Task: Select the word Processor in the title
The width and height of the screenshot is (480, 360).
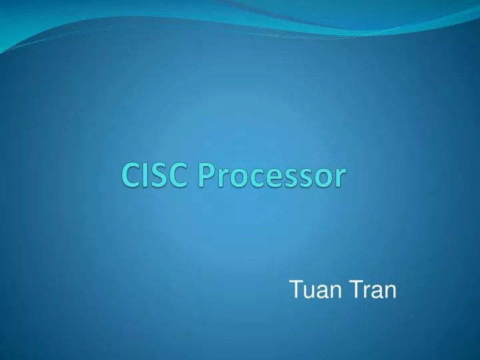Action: [x=270, y=177]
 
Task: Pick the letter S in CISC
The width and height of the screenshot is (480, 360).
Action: [x=159, y=177]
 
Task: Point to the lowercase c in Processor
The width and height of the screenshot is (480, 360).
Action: [x=252, y=179]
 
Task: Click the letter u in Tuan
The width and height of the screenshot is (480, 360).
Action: [x=307, y=291]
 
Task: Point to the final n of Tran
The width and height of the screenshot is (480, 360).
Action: [x=389, y=291]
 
